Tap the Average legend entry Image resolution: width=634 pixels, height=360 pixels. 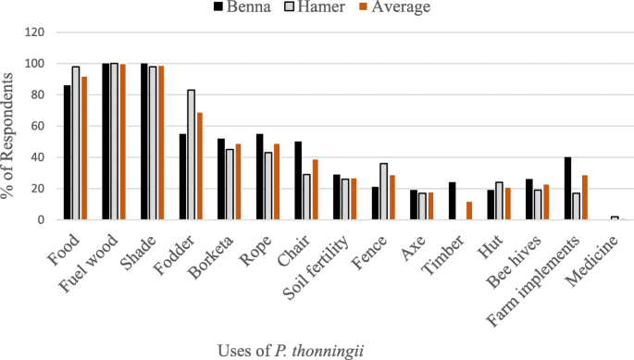(x=399, y=9)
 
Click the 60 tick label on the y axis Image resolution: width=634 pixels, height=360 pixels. (x=37, y=127)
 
